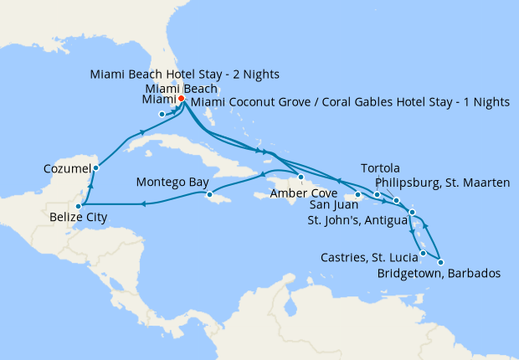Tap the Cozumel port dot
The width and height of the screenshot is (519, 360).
(95, 167)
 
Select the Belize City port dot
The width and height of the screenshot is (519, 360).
(78, 205)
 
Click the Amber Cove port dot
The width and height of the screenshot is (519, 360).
(301, 177)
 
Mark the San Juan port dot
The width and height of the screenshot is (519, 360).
(358, 195)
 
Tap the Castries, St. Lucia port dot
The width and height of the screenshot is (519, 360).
(424, 253)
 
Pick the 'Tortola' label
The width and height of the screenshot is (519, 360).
(390, 168)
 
